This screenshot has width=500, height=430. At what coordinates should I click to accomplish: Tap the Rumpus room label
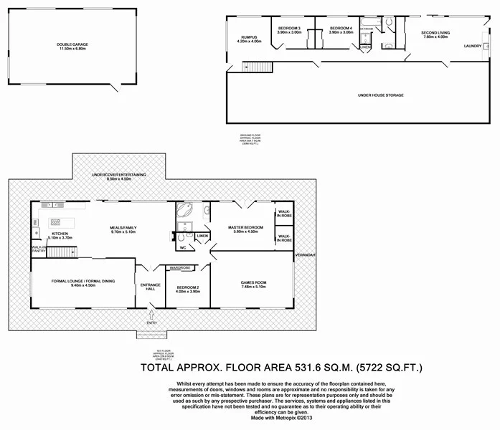pyautogui.click(x=249, y=37)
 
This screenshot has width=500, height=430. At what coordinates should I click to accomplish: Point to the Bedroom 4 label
pyautogui.click(x=341, y=29)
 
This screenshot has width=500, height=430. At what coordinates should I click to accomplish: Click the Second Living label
pyautogui.click(x=435, y=33)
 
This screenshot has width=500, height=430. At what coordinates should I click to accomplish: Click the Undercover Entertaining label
pyautogui.click(x=121, y=175)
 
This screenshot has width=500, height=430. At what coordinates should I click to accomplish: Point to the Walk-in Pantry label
pyautogui.click(x=39, y=249)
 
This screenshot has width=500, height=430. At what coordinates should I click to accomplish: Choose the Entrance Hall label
pyautogui.click(x=151, y=286)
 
